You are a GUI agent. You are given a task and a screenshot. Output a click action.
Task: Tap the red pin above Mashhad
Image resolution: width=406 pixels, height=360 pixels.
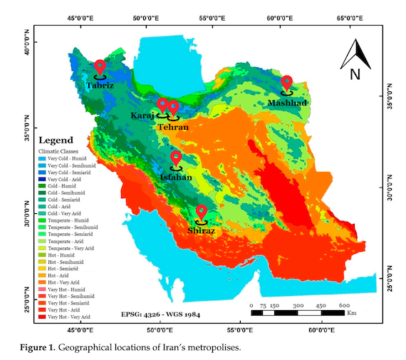287,83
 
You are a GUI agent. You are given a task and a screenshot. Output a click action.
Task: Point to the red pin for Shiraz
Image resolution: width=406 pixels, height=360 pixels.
202,213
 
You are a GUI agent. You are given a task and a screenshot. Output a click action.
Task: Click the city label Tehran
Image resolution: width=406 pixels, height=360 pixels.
173,127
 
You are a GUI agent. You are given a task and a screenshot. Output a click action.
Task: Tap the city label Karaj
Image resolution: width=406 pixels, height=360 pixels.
142,115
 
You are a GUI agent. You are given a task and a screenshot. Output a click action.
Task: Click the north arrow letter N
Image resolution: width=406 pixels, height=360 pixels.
355,73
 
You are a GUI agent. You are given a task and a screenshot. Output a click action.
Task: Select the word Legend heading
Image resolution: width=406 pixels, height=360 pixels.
57,140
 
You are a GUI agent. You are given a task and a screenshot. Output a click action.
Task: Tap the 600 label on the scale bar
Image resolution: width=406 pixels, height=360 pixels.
344,305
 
